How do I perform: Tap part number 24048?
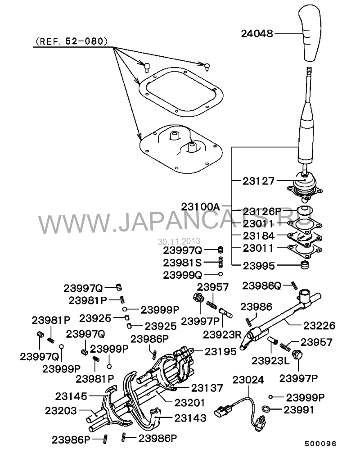click(257, 34)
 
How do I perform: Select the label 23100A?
click(201, 207)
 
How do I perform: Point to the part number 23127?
click(258, 181)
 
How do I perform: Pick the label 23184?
click(258, 236)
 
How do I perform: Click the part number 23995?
click(258, 266)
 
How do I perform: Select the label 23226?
click(319, 326)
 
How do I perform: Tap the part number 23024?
click(248, 380)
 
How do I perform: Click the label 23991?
click(299, 410)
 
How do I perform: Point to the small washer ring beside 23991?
click(265, 409)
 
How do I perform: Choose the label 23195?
click(220, 351)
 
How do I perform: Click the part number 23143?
click(190, 418)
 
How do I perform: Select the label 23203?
click(61, 411)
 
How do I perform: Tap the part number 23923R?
click(222, 335)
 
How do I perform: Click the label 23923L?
click(270, 361)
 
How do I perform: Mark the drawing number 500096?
click(320, 444)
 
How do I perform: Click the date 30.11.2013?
click(179, 241)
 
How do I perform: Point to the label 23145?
click(71, 396)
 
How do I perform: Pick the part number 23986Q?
click(261, 286)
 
